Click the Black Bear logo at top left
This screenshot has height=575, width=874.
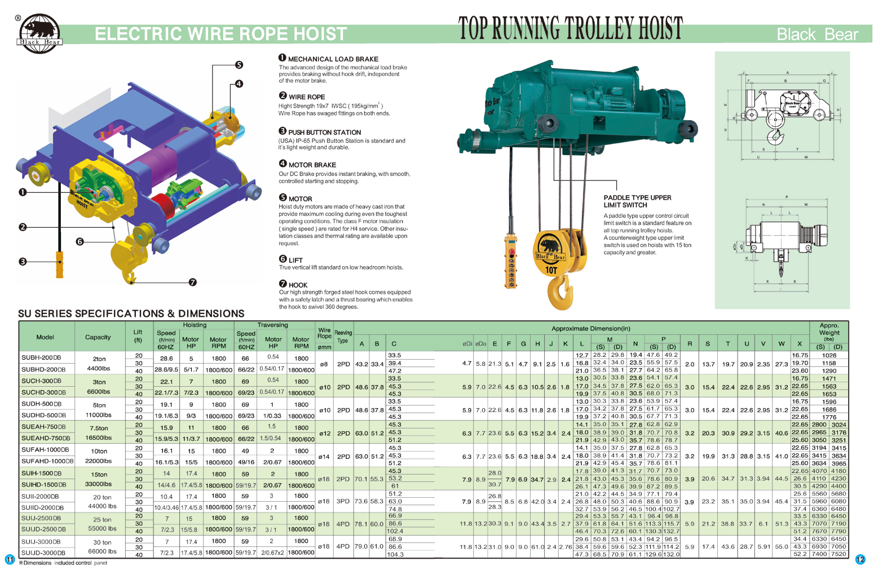tap(39, 33)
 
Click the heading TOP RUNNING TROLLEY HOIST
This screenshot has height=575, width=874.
tap(570, 28)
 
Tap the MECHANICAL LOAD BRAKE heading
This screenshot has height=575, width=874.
tap(333, 59)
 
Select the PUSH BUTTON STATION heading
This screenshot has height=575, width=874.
tap(324, 132)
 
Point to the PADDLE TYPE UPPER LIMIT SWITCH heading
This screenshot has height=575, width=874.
tap(637, 201)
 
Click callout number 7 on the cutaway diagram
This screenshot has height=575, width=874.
tap(193, 282)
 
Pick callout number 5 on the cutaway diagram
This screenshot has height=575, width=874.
tap(239, 65)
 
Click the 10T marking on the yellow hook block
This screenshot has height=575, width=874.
tap(551, 270)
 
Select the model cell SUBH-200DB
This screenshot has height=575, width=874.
tap(41, 358)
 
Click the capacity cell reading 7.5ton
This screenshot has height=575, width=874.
tap(99, 428)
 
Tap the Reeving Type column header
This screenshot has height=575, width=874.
tap(343, 337)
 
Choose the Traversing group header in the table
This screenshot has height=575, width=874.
tap(273, 325)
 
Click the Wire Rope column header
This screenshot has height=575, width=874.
tap(324, 334)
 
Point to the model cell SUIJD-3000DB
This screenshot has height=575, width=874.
tap(44, 553)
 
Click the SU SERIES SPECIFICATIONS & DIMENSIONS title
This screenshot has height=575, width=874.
tap(131, 313)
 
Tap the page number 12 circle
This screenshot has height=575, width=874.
tap(860, 559)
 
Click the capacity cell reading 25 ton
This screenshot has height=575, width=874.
tap(102, 520)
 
